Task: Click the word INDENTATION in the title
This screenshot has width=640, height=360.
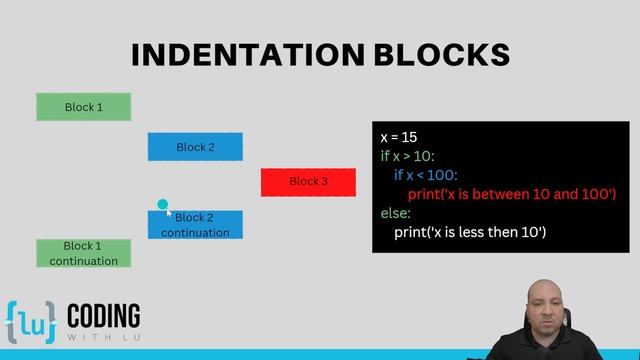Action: [238, 54]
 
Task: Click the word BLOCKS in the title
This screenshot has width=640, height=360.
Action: [432, 54]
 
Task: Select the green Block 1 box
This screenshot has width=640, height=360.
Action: [84, 107]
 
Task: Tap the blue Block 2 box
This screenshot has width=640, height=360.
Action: [195, 147]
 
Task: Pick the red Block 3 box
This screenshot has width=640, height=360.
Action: [308, 182]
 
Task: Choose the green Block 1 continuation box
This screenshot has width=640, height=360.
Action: [84, 253]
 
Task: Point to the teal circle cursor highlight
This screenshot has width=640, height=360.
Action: [162, 205]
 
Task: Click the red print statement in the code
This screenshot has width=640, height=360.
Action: [511, 194]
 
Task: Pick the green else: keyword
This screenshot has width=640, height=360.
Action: [396, 213]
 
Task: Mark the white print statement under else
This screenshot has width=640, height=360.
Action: [469, 232]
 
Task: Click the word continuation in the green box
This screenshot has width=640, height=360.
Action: [84, 261]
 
